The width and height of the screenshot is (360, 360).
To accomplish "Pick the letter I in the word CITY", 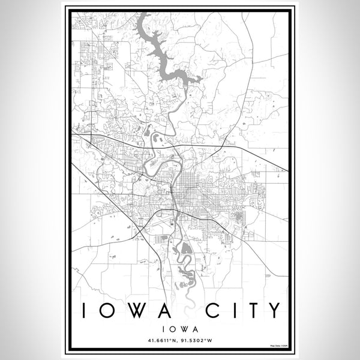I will tap(232, 310).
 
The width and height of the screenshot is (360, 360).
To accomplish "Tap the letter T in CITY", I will tap(251, 310).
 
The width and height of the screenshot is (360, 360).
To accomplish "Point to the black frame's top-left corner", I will tap(65, 7).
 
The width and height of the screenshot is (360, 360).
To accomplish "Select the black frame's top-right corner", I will tap(295, 7).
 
